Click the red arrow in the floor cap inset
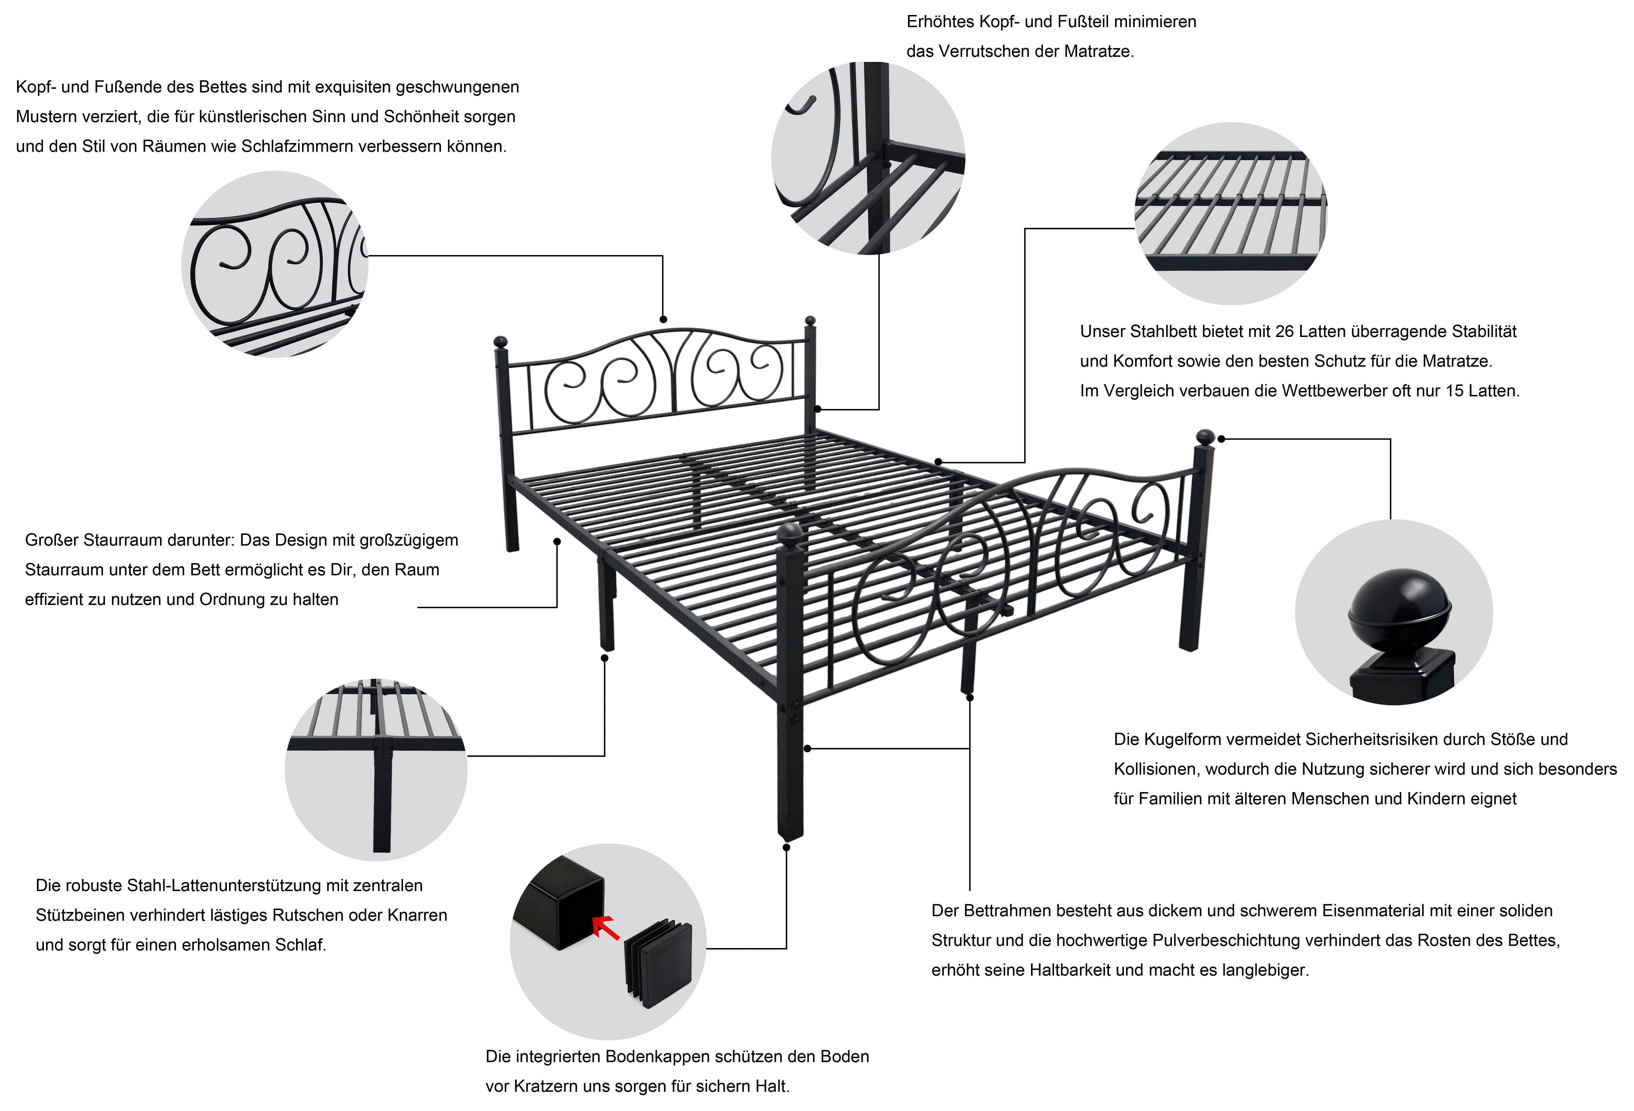[x=606, y=928]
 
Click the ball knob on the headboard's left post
[x=501, y=342]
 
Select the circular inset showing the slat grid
[x=1230, y=214]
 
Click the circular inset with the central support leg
[x=376, y=770]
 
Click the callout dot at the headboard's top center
[x=663, y=319]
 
